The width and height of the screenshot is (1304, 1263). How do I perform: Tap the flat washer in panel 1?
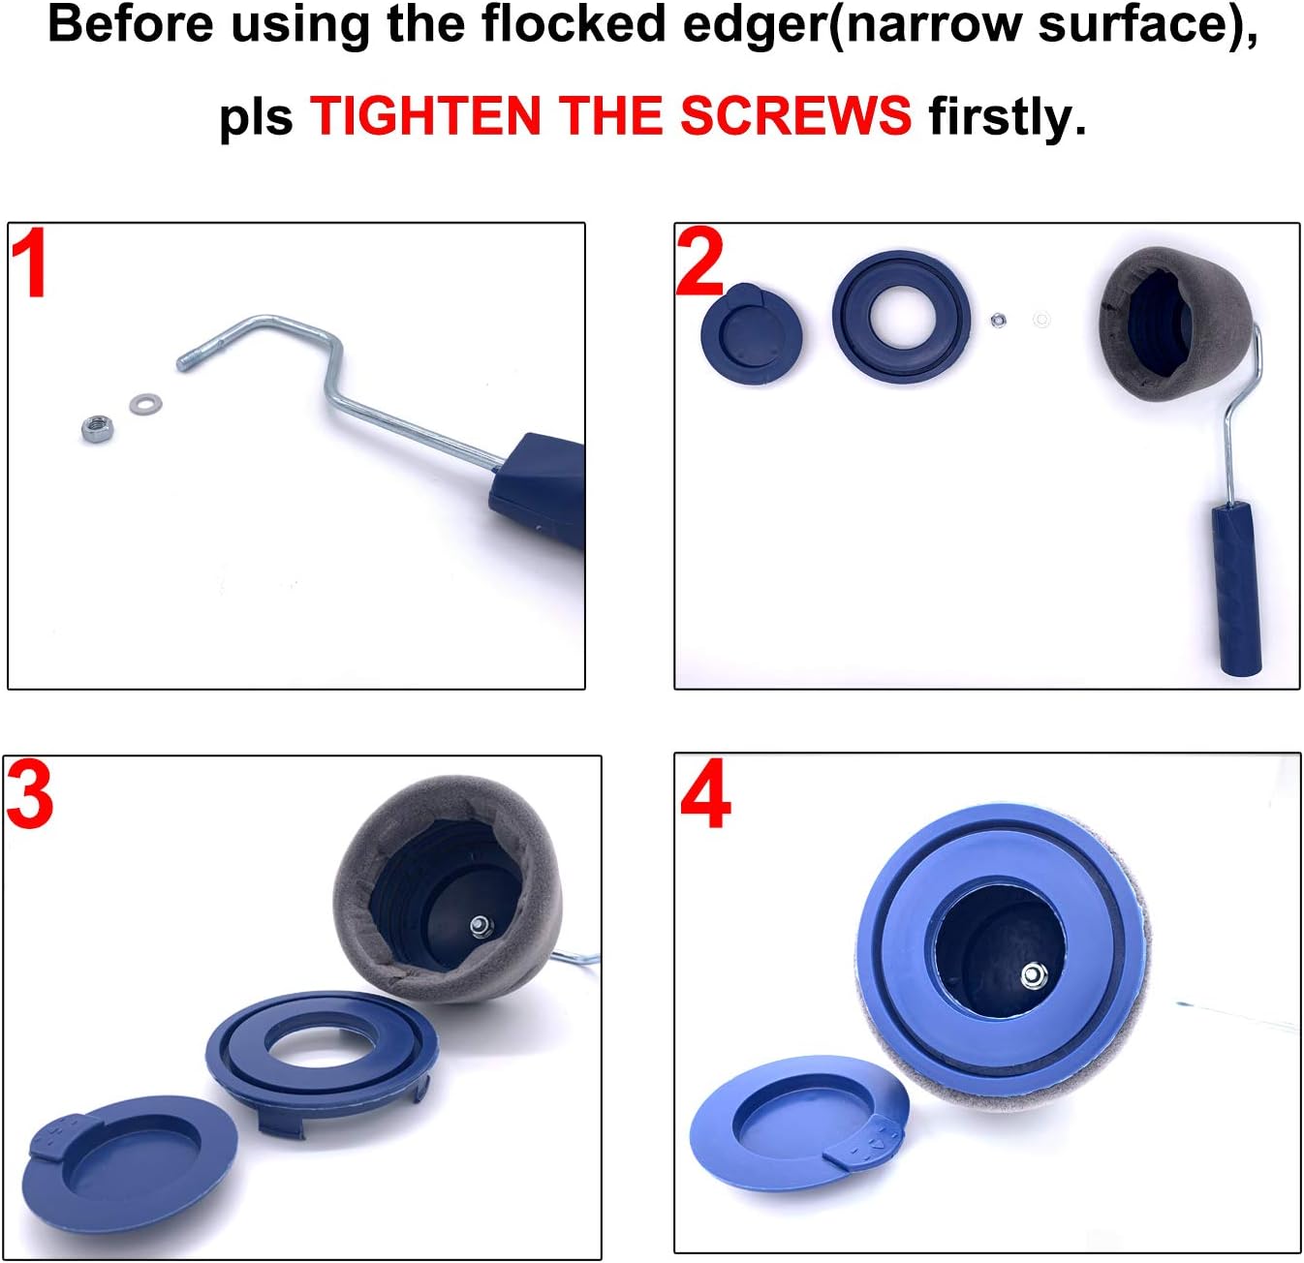coord(145,404)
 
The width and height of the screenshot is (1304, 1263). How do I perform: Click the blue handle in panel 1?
coord(540,489)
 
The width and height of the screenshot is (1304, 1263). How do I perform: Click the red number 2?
coord(699,262)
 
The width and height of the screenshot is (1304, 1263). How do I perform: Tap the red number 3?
coord(30,796)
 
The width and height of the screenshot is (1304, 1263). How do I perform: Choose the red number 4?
coord(704,793)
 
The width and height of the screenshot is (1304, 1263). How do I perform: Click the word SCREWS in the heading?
coord(795,115)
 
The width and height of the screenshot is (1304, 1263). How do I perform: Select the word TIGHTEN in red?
coord(425,115)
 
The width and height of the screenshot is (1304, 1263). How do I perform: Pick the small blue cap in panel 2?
coord(751,333)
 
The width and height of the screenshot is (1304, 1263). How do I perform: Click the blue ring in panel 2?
coord(902,317)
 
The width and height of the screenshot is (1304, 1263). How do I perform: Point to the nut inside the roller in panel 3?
coord(481,927)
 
